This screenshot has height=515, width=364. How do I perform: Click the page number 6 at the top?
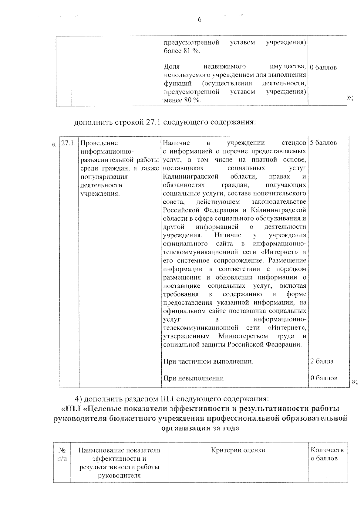(199, 20)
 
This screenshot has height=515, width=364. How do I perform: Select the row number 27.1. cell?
(68, 143)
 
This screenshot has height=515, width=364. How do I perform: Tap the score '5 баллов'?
(323, 143)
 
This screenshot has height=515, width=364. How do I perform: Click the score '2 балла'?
(322, 361)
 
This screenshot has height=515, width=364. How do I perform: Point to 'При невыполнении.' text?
(194, 378)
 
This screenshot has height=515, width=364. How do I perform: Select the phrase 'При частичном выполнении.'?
(208, 361)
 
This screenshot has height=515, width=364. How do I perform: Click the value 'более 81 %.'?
(182, 51)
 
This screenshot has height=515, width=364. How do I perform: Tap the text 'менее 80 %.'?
(182, 100)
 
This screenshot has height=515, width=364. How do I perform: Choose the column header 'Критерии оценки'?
(238, 450)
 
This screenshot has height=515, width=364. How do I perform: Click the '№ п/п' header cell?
(62, 454)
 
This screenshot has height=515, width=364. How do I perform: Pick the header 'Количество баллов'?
(327, 454)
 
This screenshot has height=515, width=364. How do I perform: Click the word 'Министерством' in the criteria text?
(243, 336)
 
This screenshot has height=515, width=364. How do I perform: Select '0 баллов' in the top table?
(324, 68)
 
